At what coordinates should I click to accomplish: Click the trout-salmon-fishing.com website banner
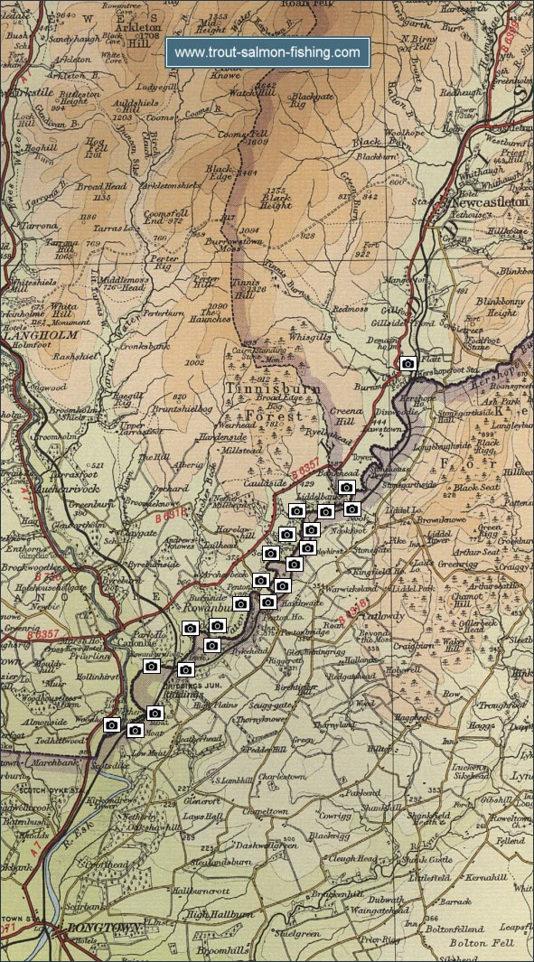(267, 53)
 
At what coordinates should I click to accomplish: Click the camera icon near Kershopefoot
(408, 363)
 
